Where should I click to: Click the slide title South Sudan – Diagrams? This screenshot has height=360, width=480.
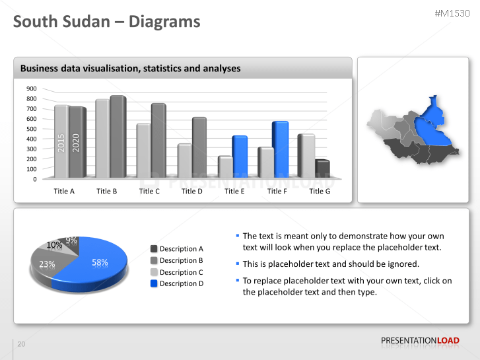(107, 22)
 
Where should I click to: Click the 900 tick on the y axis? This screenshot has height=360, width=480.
(32, 89)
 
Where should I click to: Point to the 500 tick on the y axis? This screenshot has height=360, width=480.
(32, 129)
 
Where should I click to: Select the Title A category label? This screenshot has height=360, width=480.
(64, 191)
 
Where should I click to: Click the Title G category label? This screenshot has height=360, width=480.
(320, 191)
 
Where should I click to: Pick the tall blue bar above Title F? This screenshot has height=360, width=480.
(280, 149)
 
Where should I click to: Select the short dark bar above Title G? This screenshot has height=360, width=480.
(322, 169)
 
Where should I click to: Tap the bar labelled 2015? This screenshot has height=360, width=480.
(61, 142)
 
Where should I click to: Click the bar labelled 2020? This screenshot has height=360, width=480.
(77, 142)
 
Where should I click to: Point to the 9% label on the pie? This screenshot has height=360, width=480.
(71, 240)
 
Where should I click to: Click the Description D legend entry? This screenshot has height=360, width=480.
(178, 283)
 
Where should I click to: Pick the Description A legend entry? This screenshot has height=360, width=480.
(178, 249)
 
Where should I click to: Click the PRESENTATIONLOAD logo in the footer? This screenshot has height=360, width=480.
(420, 341)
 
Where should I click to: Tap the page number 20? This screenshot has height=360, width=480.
(21, 344)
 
